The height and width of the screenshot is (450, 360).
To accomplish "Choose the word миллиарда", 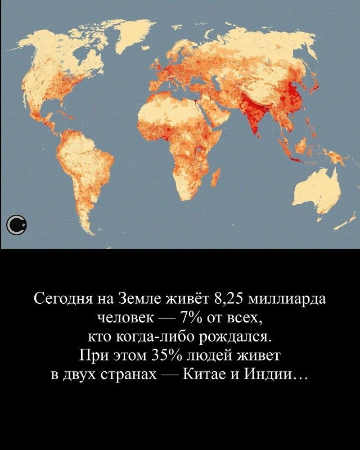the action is click(287, 298).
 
